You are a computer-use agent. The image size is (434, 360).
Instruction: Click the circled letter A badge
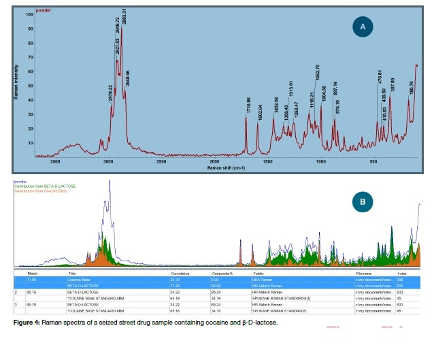pos(363,27)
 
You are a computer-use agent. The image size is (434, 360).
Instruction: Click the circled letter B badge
pos(363,201)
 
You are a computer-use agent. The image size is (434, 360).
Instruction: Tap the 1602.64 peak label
pos(260,111)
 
